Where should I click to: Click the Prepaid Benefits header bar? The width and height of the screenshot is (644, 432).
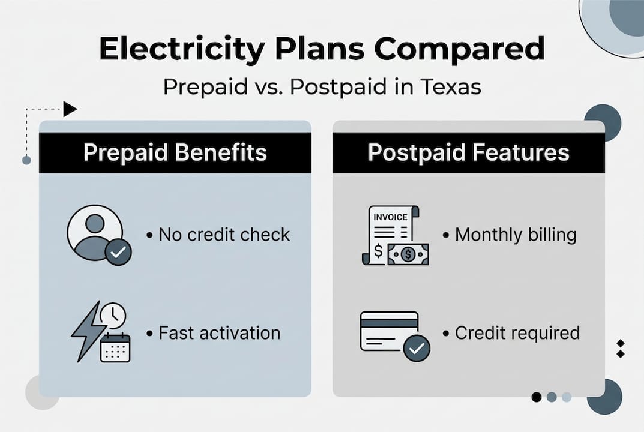click(175, 152)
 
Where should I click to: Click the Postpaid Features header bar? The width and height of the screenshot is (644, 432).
click(468, 152)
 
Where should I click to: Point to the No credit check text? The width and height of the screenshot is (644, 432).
click(224, 234)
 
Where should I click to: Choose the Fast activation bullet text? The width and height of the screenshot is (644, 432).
click(219, 332)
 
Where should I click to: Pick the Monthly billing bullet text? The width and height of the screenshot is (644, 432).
click(515, 234)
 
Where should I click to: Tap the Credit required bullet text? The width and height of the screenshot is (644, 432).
click(517, 332)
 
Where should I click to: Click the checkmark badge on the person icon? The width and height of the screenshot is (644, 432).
click(118, 253)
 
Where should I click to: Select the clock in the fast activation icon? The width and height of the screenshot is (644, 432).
click(113, 316)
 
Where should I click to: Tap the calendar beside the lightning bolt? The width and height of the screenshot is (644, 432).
click(115, 347)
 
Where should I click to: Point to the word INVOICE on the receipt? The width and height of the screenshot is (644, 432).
click(390, 217)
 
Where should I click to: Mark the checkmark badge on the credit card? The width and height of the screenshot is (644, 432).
click(417, 348)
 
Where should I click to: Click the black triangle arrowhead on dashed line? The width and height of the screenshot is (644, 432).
click(70, 109)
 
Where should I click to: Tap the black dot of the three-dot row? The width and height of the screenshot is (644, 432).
click(537, 397)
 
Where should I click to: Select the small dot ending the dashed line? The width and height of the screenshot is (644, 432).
click(26, 160)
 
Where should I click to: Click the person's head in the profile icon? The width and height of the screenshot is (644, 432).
click(95, 223)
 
